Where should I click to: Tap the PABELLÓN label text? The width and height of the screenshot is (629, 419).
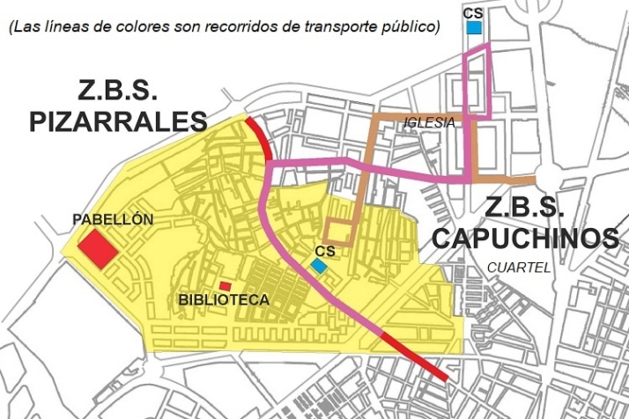coord(113,219)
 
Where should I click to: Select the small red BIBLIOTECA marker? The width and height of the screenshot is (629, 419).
coord(226,285)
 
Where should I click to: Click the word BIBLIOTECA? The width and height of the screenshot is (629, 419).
coord(223,299)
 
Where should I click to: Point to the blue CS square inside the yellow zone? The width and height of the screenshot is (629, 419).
coord(319,265)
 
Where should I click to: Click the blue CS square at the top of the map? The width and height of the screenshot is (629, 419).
coord(474,27)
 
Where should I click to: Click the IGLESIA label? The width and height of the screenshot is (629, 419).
coord(429,122)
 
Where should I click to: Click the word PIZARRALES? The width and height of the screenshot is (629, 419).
coord(117,121)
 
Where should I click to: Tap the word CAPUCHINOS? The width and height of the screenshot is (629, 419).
coord(525,238)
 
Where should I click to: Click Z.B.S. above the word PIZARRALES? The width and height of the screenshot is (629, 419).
coord(118,91)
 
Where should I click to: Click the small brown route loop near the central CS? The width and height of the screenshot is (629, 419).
coord(339,232)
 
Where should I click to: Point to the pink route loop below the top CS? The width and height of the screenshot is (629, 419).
coord(476,84)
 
